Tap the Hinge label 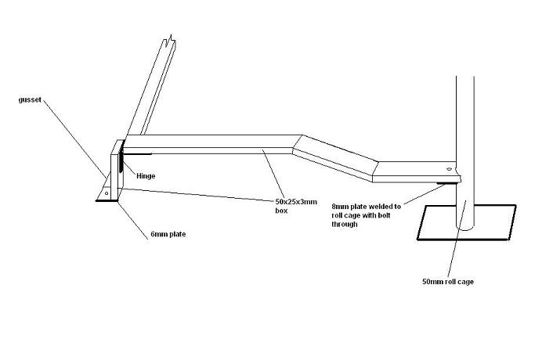146,176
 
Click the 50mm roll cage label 447,281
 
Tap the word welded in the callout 385,206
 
